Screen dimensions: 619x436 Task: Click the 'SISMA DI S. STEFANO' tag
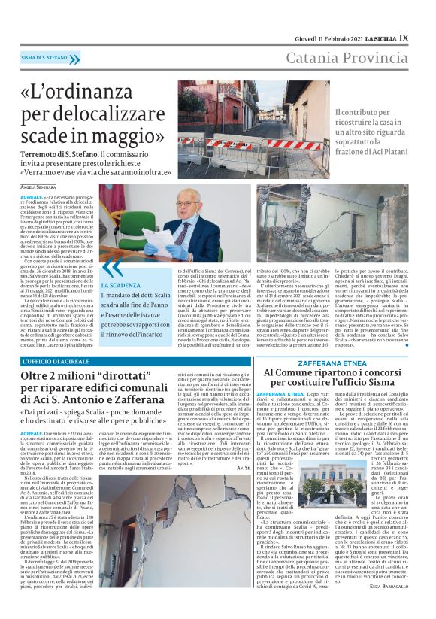pyautogui.click(x=46, y=58)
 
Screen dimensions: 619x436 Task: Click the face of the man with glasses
pyautogui.click(x=186, y=205)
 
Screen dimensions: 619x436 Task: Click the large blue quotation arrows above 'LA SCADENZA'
pyautogui.click(x=113, y=268)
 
